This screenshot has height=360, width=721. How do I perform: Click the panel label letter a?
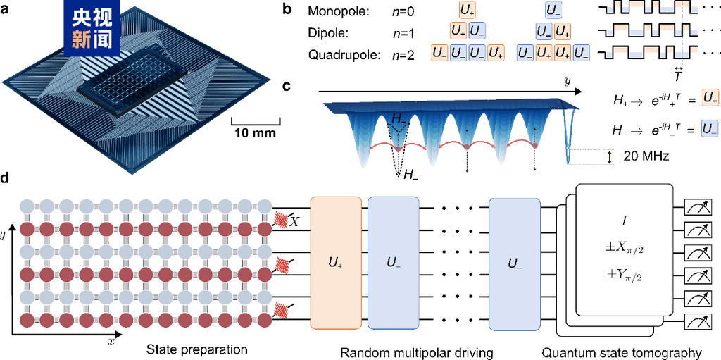point(6,10)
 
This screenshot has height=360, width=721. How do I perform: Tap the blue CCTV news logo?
point(92,28)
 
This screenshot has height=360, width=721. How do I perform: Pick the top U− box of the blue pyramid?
point(553,10)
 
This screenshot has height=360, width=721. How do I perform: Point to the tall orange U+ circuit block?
point(336,263)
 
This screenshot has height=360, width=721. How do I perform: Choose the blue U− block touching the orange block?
point(393,263)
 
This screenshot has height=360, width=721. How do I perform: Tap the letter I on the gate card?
point(624,221)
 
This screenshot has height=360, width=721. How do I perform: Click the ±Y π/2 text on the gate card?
point(624,277)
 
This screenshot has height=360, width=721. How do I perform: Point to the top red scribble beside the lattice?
point(282,218)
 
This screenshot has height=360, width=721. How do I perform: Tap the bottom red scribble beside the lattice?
point(282,309)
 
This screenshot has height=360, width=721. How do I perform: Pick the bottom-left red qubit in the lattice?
point(27,321)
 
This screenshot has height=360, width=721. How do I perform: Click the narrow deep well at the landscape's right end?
point(570,137)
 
